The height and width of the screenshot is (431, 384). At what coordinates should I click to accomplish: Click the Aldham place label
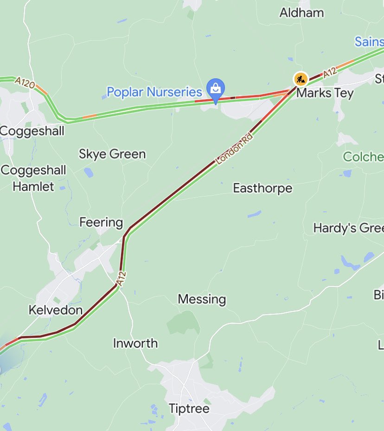pyautogui.click(x=301, y=13)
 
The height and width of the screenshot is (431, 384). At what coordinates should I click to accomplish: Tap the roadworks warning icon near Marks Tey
pyautogui.click(x=301, y=79)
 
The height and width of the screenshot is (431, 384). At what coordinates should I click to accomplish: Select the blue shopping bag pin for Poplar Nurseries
pyautogui.click(x=216, y=88)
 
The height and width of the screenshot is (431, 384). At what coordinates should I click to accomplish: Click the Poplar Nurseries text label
pyautogui.click(x=154, y=92)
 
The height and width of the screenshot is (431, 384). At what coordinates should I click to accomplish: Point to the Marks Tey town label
pyautogui.click(x=325, y=93)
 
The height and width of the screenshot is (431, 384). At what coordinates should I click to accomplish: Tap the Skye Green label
pyautogui.click(x=112, y=154)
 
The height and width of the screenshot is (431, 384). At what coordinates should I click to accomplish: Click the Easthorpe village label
pyautogui.click(x=262, y=188)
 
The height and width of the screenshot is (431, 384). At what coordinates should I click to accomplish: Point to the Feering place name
pyautogui.click(x=101, y=222)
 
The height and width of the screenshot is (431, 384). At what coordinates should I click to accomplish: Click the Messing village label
pyautogui.click(x=202, y=299)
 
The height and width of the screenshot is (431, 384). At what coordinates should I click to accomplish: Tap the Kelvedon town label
pyautogui.click(x=56, y=310)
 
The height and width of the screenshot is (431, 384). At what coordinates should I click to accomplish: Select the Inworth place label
pyautogui.click(x=135, y=343)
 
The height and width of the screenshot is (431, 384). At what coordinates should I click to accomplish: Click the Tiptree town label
pyautogui.click(x=189, y=409)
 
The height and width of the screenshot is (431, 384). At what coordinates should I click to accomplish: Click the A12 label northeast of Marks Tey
pyautogui.click(x=329, y=73)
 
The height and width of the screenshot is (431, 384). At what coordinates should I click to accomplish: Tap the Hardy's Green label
pyautogui.click(x=348, y=228)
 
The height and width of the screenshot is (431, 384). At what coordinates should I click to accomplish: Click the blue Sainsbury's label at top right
pyautogui.click(x=369, y=42)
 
